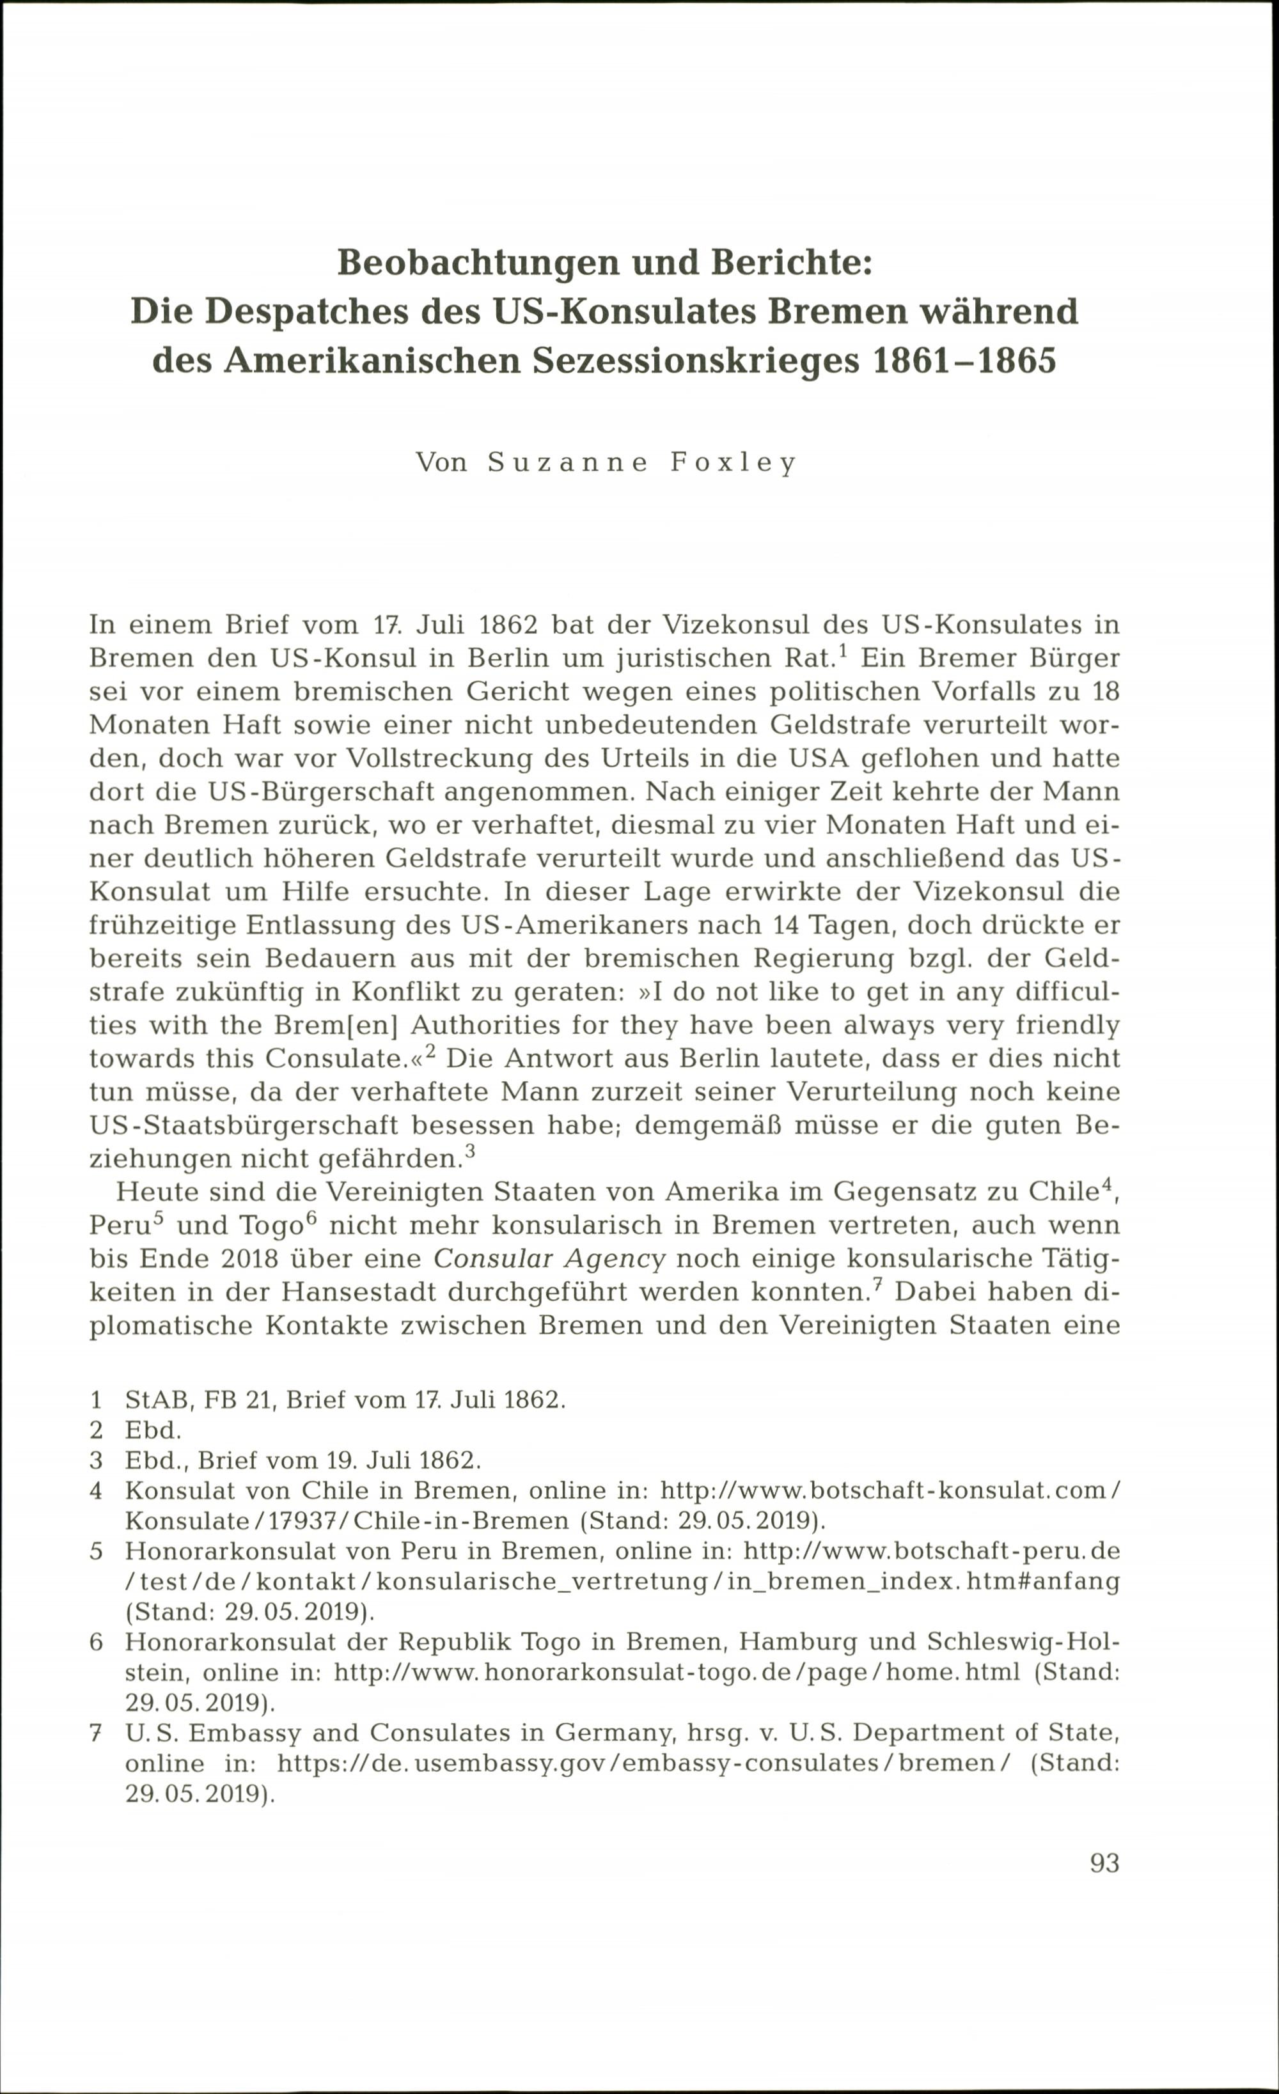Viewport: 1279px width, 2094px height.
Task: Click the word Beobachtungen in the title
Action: pyautogui.click(x=478, y=263)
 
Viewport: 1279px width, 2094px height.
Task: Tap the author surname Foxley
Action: pyautogui.click(x=734, y=463)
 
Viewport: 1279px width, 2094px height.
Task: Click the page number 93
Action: pyautogui.click(x=1104, y=1863)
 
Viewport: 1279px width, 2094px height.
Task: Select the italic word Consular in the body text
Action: pyautogui.click(x=483, y=1258)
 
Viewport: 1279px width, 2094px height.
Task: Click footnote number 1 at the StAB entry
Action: pyautogui.click(x=96, y=1400)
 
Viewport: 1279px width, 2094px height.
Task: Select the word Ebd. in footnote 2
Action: pyautogui.click(x=153, y=1430)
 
